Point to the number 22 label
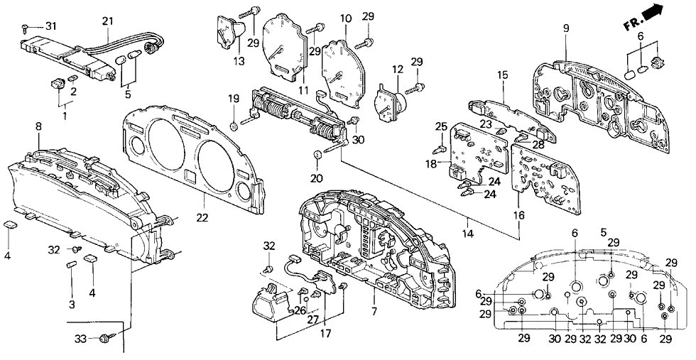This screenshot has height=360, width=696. click(x=202, y=217)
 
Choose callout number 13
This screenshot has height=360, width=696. click(x=238, y=62)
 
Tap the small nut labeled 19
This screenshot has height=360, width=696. click(x=234, y=127)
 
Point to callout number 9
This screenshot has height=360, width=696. click(x=566, y=28)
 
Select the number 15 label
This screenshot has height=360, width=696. click(x=503, y=75)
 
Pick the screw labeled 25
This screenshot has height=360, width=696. click(x=439, y=148)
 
